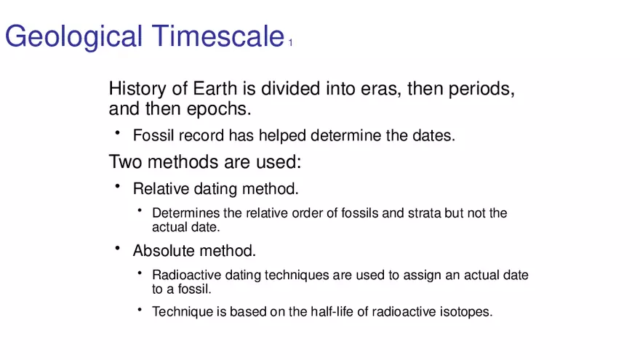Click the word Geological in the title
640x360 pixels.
coord(73,37)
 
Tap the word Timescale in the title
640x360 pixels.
coord(218,36)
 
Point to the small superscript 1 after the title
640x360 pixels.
coord(291,42)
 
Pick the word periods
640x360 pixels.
coord(481,89)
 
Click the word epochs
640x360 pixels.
coord(219,109)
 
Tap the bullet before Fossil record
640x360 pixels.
coord(118,132)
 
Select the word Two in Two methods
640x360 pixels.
coord(126,161)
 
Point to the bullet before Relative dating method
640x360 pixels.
coord(118,186)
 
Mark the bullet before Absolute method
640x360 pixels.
coord(118,248)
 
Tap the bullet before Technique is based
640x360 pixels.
coord(140,310)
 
